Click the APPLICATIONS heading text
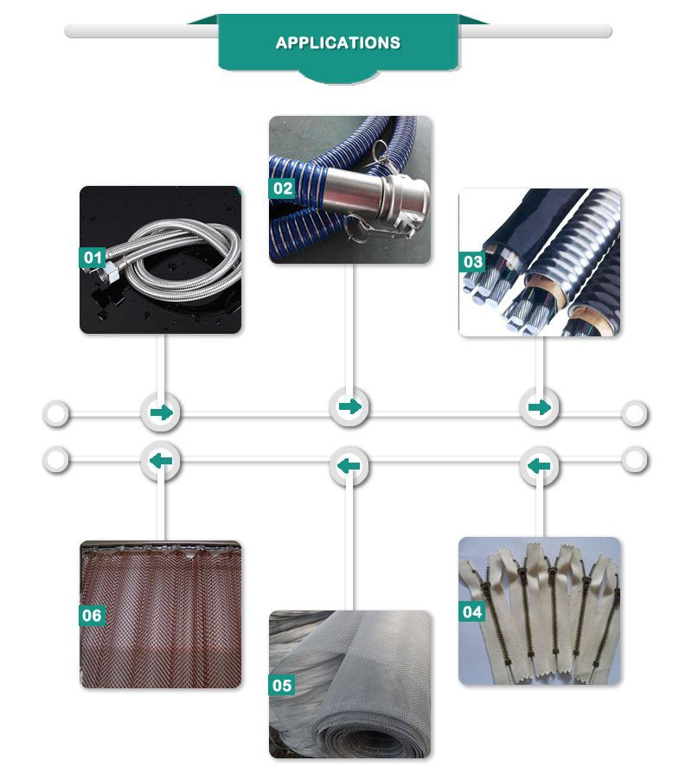click(x=337, y=43)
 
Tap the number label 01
click(x=92, y=258)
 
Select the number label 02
click(x=282, y=189)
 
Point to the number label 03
click(x=472, y=262)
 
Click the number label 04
click(x=472, y=612)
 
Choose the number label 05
click(x=282, y=686)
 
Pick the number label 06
click(x=92, y=616)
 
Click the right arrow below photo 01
click(x=161, y=412)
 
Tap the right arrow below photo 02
click(x=350, y=406)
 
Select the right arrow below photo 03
click(x=539, y=407)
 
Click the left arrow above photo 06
click(x=161, y=461)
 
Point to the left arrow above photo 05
click(x=349, y=466)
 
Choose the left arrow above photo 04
click(x=539, y=466)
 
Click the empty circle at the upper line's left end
click(x=56, y=414)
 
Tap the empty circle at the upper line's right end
click(x=635, y=414)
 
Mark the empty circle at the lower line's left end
click(x=56, y=460)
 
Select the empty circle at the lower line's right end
click(x=635, y=460)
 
